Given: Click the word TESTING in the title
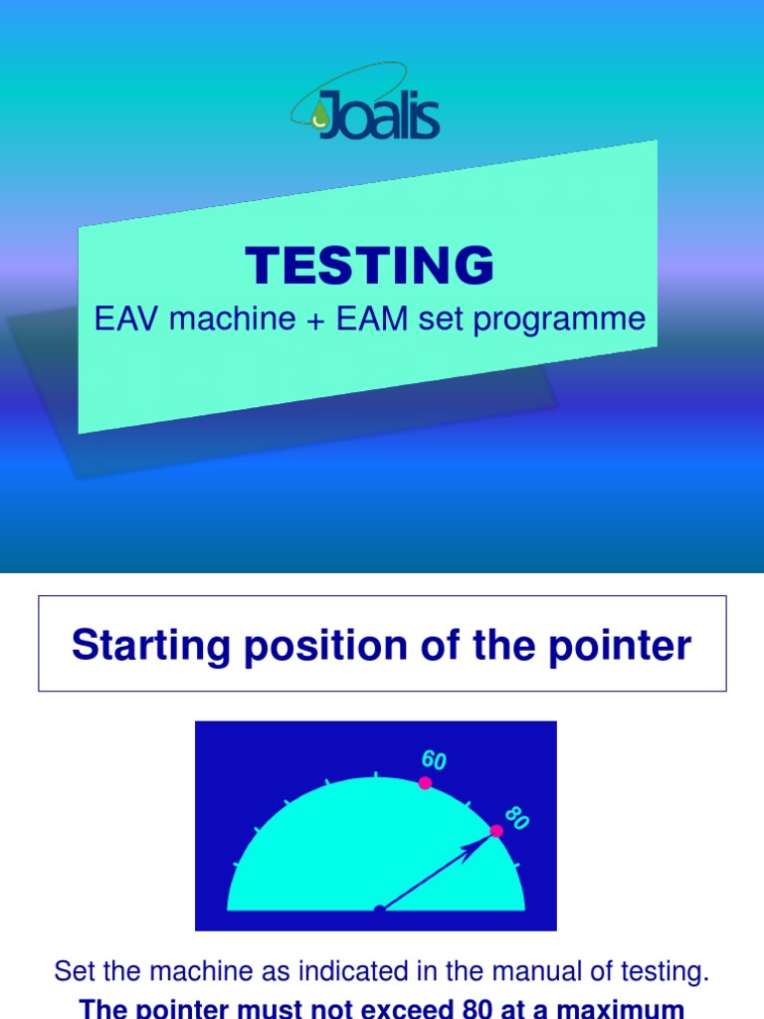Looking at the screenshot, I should coord(370,267).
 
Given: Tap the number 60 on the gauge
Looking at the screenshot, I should coord(434,760).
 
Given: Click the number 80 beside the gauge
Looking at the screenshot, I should coord(516,818).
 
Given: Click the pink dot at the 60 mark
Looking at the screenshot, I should coord(425,783).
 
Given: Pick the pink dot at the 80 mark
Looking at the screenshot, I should coord(496,831).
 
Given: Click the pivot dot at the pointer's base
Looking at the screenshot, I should coord(378,910).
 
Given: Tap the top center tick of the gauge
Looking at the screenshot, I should coord(376,773).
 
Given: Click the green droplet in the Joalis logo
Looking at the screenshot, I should coord(318,116).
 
